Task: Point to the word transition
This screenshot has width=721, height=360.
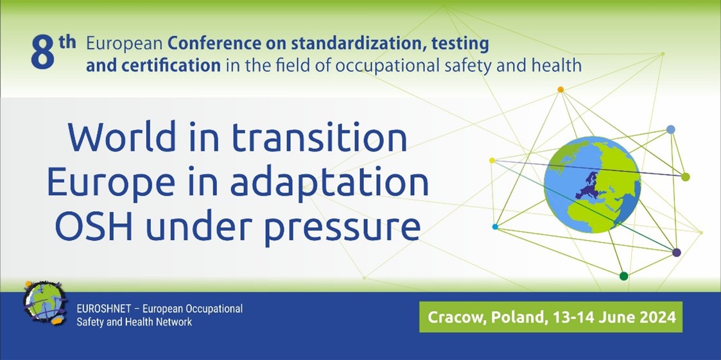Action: click(319, 137)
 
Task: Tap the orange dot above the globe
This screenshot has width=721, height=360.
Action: click(560, 89)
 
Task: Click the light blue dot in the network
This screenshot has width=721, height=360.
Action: click(671, 129)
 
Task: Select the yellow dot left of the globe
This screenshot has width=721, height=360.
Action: click(492, 160)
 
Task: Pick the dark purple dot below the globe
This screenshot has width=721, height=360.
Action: click(676, 253)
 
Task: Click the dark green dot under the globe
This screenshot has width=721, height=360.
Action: click(623, 276)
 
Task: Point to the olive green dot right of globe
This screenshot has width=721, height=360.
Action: click(685, 176)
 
